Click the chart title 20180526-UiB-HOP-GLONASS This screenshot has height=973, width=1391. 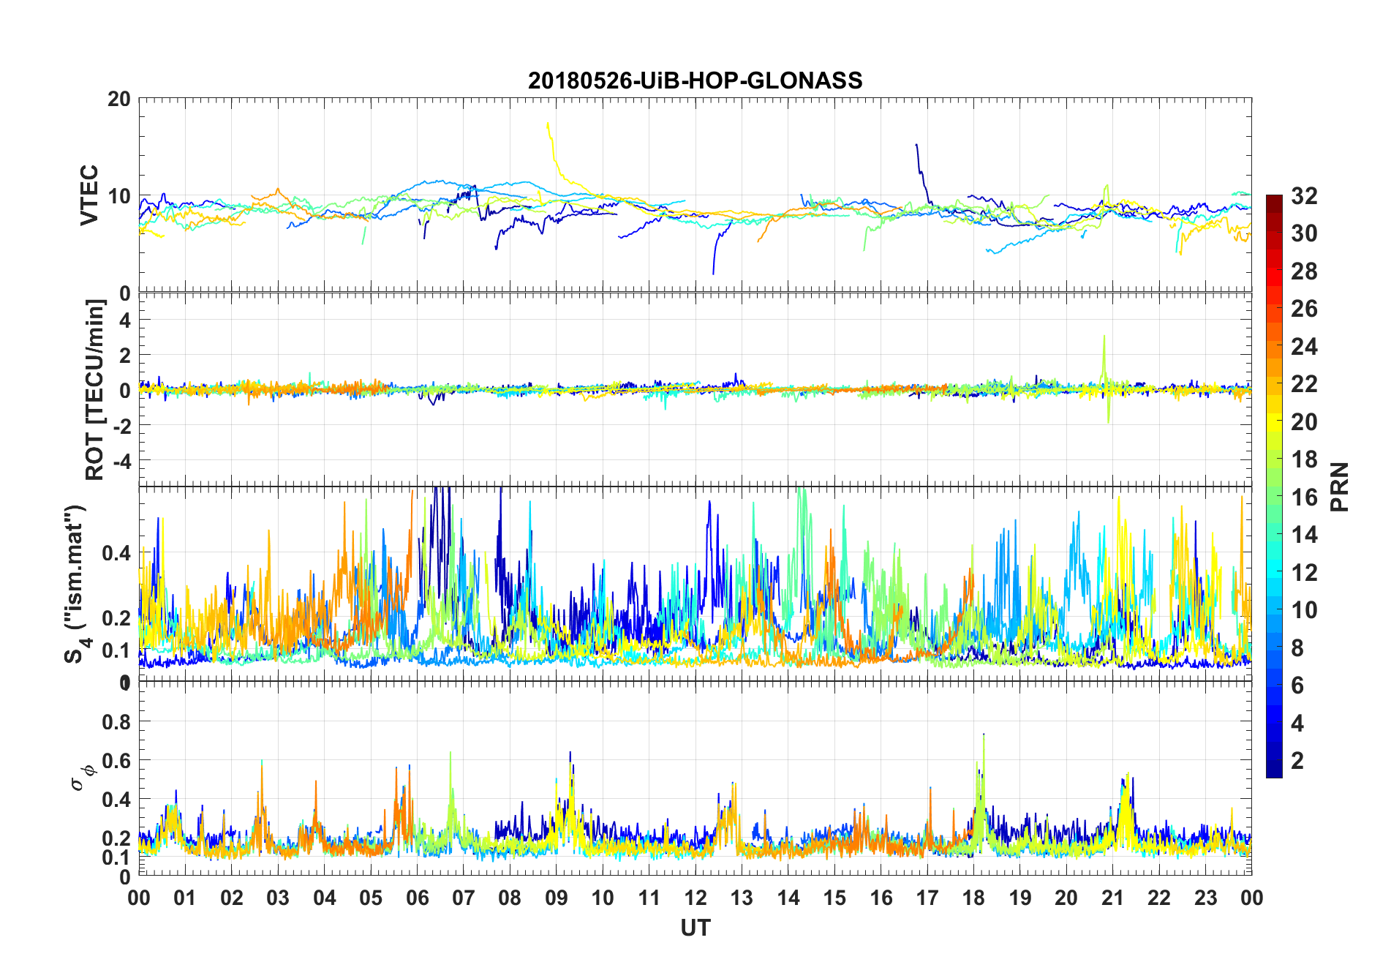[695, 80]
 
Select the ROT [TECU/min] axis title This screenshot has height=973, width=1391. [95, 389]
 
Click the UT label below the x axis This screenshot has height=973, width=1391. [695, 928]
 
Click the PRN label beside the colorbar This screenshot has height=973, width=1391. [1339, 487]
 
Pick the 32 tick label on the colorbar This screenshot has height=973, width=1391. [1304, 196]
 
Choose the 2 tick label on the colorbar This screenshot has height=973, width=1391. [1297, 760]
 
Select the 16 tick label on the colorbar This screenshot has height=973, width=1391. [1304, 497]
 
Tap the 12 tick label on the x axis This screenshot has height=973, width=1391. [695, 898]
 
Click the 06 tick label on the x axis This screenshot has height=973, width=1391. [418, 898]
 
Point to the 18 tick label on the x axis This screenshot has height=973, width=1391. [973, 898]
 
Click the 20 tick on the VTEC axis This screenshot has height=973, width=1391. [119, 99]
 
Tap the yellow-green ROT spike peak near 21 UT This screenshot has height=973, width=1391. [1104, 337]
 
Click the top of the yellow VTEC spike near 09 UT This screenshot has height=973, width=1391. [548, 124]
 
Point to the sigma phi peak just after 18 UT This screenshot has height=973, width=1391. [984, 734]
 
